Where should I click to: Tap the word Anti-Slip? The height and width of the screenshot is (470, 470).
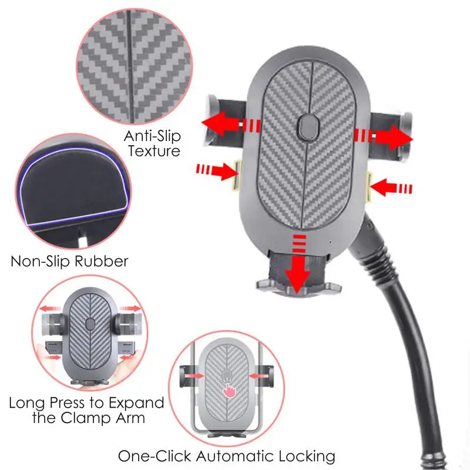pos(152,136)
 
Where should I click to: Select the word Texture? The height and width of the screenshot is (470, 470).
pos(152,151)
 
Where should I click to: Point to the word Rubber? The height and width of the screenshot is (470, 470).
pos(99,260)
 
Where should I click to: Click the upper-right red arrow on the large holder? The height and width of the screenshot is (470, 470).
pos(385,136)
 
